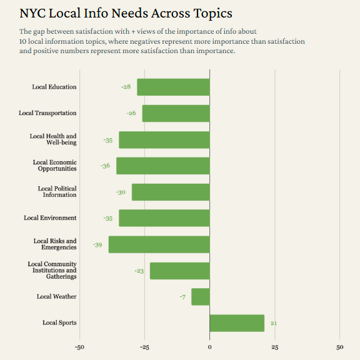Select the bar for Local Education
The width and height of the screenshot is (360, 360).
173,87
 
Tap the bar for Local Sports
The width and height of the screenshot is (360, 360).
237,323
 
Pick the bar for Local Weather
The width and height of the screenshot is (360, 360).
201,297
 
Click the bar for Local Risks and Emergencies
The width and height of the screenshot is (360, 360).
159,244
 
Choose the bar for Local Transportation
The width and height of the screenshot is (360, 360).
176,113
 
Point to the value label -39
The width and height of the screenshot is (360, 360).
97,244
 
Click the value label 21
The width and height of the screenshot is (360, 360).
274,323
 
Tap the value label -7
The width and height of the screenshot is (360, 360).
182,297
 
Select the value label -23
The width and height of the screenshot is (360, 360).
139,271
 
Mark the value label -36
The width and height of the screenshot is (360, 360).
105,166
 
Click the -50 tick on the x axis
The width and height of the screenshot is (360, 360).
79,347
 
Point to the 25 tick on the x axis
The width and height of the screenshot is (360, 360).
275,347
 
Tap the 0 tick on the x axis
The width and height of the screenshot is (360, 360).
209,347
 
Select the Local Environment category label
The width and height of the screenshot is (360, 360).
50,218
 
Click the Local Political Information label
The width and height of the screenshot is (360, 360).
57,192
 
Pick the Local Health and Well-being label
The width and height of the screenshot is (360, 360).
53,139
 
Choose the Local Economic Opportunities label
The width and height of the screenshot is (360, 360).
54,166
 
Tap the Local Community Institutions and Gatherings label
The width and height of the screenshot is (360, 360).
52,271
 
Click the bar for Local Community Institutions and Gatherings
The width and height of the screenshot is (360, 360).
179,271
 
